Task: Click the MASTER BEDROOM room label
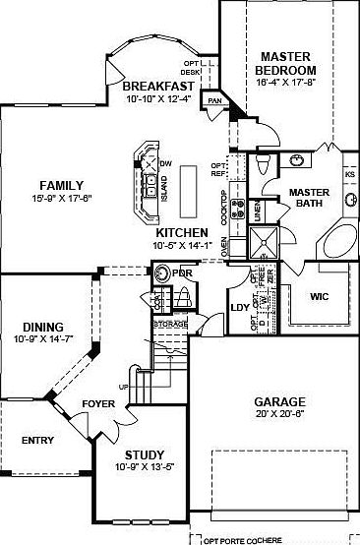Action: [284, 64]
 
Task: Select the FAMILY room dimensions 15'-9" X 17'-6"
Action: [61, 197]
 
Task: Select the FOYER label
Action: [98, 402]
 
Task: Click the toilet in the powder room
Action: [185, 297]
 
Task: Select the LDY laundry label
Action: [236, 306]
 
